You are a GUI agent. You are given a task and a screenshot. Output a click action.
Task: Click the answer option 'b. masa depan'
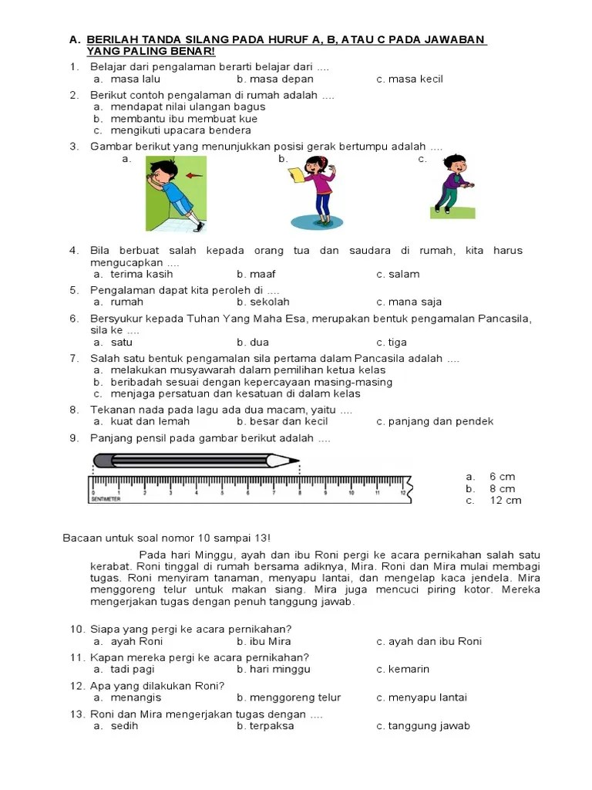coord(275,79)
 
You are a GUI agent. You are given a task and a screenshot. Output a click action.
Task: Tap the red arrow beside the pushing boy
coord(194,175)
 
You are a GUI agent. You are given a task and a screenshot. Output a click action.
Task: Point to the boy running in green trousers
coord(452,184)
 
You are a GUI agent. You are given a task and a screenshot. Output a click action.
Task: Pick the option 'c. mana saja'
coord(409,302)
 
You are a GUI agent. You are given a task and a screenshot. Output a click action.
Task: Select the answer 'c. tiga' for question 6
coord(392,342)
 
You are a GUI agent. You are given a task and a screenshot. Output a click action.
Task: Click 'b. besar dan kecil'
coord(282,421)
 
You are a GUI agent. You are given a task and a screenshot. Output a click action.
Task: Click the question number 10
coord(76,629)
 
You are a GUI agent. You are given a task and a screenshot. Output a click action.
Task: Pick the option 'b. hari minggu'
coord(274,669)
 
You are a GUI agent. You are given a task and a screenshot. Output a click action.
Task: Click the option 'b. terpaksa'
coord(266,726)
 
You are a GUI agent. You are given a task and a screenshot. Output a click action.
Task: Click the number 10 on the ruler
coord(351,491)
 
